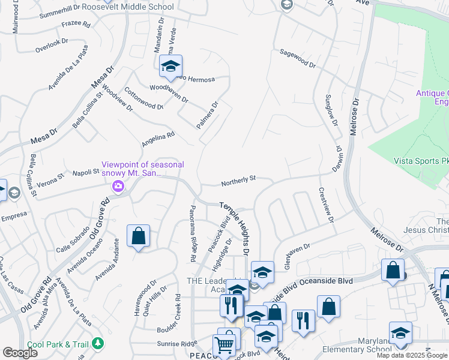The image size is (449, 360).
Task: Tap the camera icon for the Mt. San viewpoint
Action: click(118, 187)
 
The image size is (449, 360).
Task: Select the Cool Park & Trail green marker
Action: click(97, 343)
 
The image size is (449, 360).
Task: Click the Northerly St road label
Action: click(238, 178)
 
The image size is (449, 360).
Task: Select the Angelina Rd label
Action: click(157, 139)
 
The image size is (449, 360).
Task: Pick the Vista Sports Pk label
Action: click(420, 161)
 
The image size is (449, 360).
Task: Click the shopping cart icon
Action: click(223, 345)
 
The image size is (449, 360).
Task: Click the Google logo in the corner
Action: click(20, 353)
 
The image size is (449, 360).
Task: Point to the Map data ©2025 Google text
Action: click(412, 355)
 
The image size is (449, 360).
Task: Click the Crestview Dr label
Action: click(327, 206)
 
